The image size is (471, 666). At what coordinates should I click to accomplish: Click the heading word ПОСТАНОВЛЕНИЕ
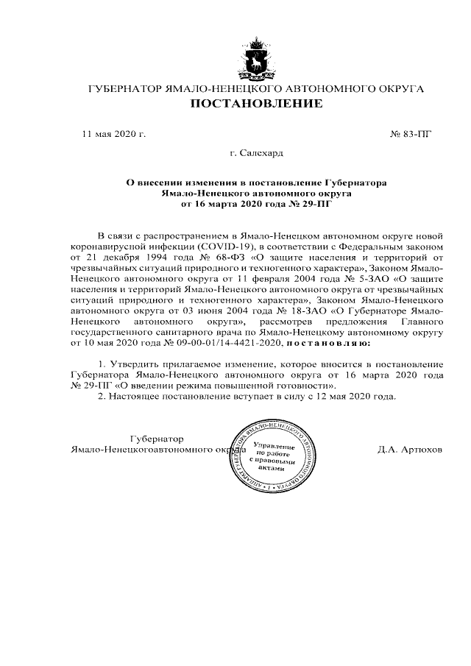point(256,104)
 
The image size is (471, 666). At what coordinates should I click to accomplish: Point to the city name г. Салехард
point(256,154)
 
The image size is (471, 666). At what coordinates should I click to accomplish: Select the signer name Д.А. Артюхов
point(409,449)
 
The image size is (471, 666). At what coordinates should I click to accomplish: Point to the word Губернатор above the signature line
point(157,439)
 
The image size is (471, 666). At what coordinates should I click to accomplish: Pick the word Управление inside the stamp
point(274,447)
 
